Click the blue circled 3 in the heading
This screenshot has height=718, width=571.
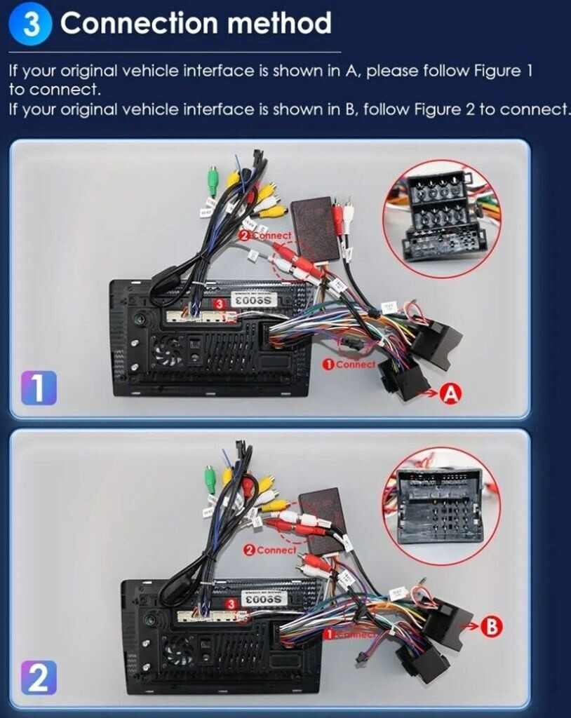(x=33, y=25)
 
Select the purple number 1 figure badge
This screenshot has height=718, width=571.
(x=39, y=388)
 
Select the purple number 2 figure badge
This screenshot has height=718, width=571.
(x=39, y=679)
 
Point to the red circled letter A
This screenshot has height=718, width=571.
(x=449, y=395)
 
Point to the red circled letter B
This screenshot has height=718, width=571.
(x=493, y=627)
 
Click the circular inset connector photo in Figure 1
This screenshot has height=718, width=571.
(x=442, y=219)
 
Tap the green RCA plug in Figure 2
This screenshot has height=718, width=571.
(x=209, y=480)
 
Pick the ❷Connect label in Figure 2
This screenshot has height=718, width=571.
(x=270, y=550)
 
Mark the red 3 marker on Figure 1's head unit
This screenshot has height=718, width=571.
(x=220, y=303)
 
